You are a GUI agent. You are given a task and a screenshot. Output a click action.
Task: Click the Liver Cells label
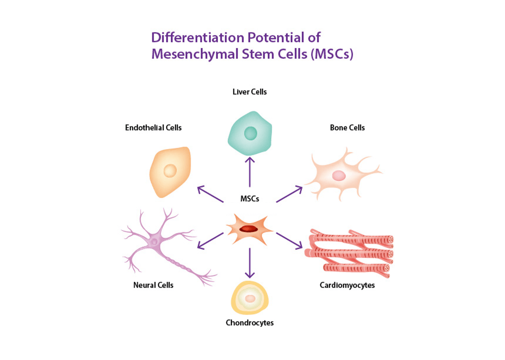click(250, 91)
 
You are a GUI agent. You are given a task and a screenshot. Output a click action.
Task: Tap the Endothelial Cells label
click(153, 127)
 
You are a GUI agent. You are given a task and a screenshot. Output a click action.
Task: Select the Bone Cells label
click(347, 127)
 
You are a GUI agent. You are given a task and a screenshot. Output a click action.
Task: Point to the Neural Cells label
click(153, 285)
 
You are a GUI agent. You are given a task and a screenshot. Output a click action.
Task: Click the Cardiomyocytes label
click(347, 285)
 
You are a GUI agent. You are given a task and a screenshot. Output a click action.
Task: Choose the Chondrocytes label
click(250, 323)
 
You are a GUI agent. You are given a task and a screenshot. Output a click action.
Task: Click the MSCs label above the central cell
click(250, 199)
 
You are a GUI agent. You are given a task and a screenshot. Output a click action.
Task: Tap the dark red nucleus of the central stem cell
click(248, 229)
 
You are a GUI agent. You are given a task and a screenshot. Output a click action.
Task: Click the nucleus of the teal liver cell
click(250, 134)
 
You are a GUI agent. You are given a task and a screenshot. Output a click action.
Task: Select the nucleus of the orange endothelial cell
click(170, 171)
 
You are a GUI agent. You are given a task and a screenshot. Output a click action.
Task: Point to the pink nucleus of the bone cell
click(338, 175)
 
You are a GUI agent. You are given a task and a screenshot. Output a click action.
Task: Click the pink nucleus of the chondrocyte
click(250, 299)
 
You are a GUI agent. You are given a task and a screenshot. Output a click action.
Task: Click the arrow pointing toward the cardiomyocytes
click(289, 240)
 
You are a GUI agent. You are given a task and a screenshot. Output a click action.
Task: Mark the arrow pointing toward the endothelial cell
click(210, 194)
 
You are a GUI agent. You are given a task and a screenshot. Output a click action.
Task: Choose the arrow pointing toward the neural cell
click(210, 240)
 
